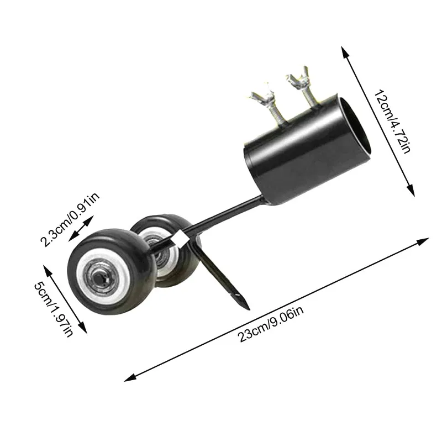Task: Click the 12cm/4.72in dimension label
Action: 391,123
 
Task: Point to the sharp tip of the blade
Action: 247,307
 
